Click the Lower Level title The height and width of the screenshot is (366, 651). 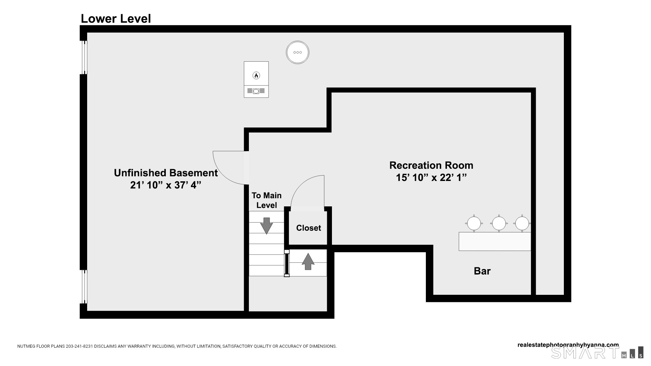[116, 19]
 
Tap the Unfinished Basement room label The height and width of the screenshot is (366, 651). [166, 173]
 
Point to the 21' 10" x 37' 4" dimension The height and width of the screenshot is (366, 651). [166, 185]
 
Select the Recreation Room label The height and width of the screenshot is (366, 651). [431, 165]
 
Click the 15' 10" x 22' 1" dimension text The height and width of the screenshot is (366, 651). [431, 178]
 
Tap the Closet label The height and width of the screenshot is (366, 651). [309, 228]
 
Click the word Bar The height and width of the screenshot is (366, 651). [482, 271]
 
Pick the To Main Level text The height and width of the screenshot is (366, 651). [267, 200]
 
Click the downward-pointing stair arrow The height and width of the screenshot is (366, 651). [267, 225]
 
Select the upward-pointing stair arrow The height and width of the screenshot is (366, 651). [308, 261]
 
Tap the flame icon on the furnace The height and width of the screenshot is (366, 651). [256, 75]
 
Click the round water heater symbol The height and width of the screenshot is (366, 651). [297, 53]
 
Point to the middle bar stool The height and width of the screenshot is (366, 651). [499, 223]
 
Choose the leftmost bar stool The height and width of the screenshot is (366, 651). [474, 223]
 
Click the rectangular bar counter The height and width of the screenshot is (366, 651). [494, 241]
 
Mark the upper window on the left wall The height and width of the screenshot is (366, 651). [84, 57]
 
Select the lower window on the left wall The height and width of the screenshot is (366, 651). [84, 287]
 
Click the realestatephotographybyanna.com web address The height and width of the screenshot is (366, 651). [568, 345]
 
